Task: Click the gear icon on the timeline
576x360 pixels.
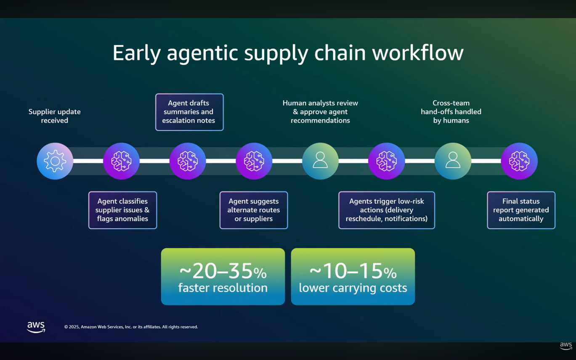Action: [x=55, y=161]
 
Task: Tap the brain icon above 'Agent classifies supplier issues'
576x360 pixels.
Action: [x=121, y=161]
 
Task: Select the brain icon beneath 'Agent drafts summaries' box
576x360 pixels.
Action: [x=188, y=161]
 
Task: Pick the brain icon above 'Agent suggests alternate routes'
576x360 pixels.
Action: [x=254, y=161]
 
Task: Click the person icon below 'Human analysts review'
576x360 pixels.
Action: [x=320, y=161]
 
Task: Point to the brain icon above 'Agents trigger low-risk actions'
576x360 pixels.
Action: [x=386, y=161]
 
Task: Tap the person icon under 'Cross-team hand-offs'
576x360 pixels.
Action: [x=453, y=161]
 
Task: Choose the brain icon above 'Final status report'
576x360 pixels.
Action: [x=519, y=161]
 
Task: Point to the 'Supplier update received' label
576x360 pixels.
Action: [x=55, y=116]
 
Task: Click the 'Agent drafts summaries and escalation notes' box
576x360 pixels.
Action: [x=189, y=112]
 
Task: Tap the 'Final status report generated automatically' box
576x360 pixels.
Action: [x=521, y=210]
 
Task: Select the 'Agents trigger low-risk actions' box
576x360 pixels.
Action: [x=386, y=210]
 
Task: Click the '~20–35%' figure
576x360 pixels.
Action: [x=223, y=271]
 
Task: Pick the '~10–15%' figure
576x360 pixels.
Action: [x=353, y=271]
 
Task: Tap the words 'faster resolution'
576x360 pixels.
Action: [x=223, y=288]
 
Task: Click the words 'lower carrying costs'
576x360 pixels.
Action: [x=353, y=288]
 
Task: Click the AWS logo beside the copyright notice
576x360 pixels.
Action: [x=36, y=327]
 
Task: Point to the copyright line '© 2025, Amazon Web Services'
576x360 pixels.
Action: [x=131, y=327]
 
